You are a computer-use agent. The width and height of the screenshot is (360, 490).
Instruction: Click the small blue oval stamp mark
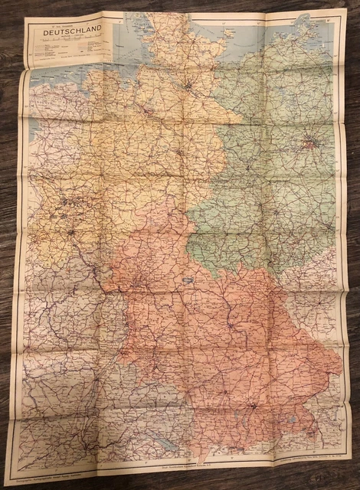point(186,280)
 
